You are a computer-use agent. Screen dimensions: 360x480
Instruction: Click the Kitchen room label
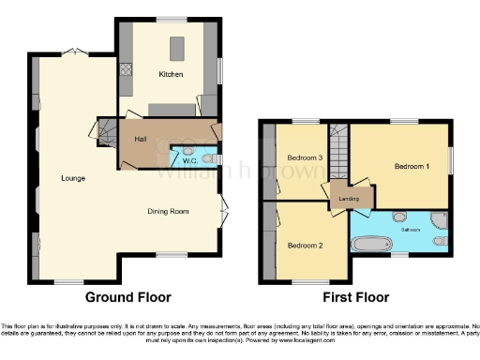[170, 74]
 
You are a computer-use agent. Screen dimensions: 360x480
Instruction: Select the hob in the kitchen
[127, 69]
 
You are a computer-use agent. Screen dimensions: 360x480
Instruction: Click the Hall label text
[141, 139]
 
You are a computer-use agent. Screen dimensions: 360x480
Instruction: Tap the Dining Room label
[168, 211]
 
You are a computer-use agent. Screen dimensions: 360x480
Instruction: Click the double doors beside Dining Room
[224, 211]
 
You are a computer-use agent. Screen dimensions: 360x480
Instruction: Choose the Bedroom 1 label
[412, 166]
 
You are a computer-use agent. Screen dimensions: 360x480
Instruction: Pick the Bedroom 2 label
[305, 246]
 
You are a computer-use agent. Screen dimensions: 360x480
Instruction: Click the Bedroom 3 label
[305, 158]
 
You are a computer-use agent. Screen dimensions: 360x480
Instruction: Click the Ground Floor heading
[128, 297]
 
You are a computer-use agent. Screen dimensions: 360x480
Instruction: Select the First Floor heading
[355, 297]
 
